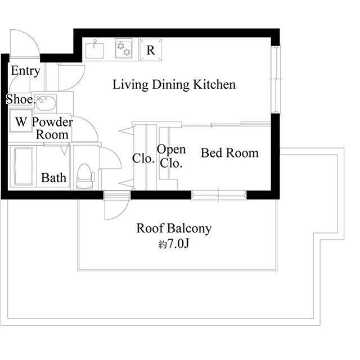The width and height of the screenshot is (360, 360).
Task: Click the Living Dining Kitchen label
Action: (x=174, y=85)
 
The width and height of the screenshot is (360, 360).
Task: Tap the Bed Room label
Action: (x=229, y=153)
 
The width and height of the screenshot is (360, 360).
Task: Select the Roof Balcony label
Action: (x=174, y=228)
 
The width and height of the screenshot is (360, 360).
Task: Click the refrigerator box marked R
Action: (x=151, y=49)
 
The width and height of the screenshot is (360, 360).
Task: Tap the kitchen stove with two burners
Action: (x=123, y=48)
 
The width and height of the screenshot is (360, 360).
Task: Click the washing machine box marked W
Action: (x=21, y=121)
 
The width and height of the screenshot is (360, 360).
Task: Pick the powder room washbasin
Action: (x=46, y=103)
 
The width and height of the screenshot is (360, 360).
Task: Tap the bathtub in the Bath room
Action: (x=22, y=166)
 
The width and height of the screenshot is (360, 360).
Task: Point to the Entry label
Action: (x=25, y=71)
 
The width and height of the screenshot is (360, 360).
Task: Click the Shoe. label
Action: (x=20, y=100)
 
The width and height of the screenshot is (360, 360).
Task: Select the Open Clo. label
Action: (x=171, y=156)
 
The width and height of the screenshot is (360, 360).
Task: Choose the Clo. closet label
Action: (x=143, y=159)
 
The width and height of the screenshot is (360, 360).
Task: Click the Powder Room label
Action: (x=52, y=128)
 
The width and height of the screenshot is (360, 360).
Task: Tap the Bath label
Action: (x=54, y=178)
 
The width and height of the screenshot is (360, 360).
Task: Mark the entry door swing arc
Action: (x=25, y=44)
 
